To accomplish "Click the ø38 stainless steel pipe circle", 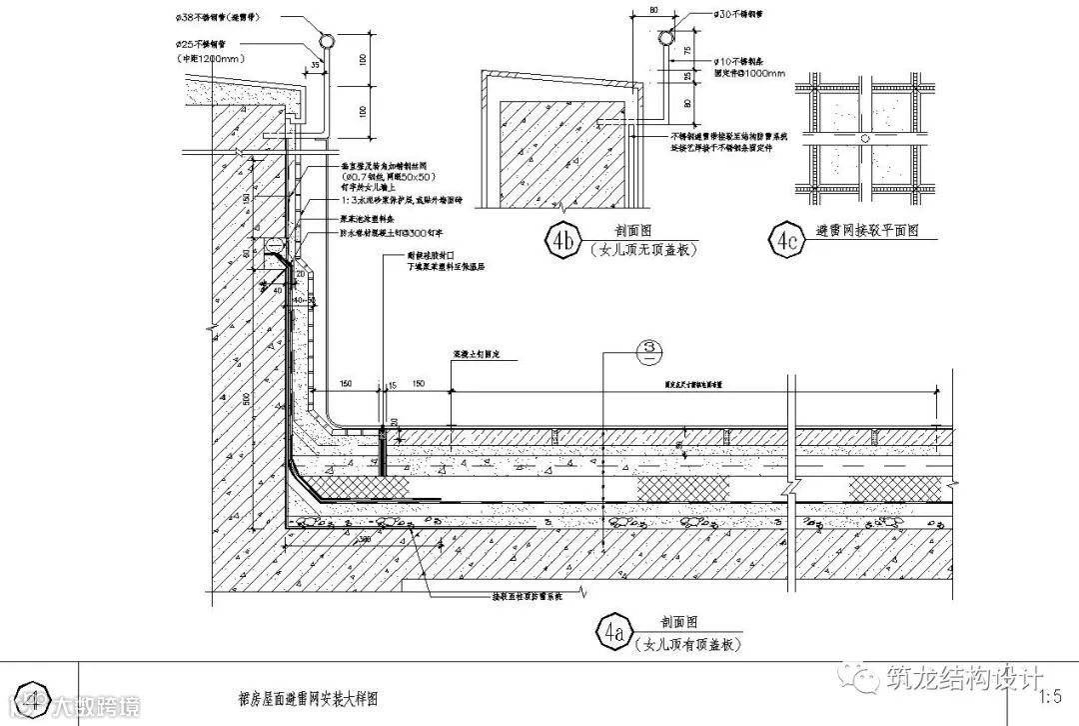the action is point(328,41).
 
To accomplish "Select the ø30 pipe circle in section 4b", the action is point(666,39).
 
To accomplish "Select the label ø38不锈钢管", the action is point(217,18).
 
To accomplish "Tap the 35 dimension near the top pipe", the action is point(316,65).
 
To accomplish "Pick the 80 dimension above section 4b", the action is point(652,9).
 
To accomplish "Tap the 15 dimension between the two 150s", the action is point(392,384).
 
